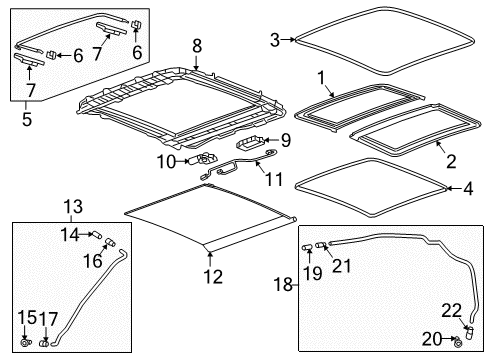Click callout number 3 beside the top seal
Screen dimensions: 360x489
pyautogui.click(x=274, y=40)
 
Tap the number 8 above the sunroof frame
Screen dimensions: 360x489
pyautogui.click(x=197, y=44)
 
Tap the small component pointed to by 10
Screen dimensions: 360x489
pyautogui.click(x=207, y=159)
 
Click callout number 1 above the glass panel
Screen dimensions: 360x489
pyautogui.click(x=321, y=77)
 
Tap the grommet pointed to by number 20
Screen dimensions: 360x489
pyautogui.click(x=458, y=340)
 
